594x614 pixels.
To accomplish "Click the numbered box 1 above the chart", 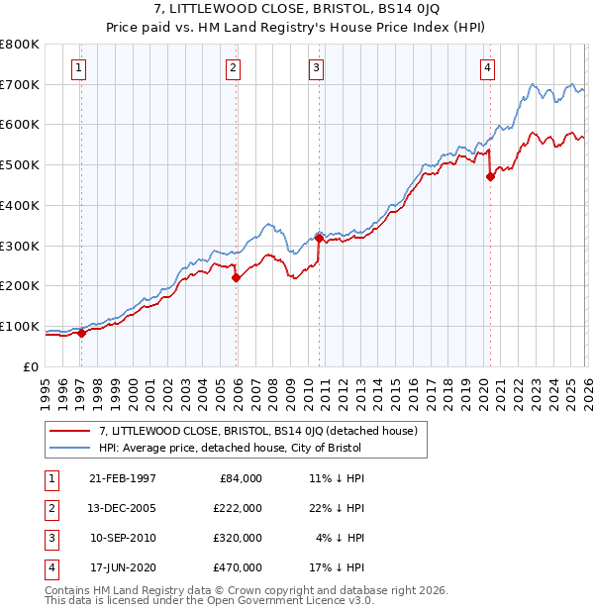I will click(x=78, y=68).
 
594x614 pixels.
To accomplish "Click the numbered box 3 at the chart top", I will click(x=316, y=68).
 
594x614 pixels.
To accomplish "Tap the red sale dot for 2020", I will click(x=490, y=177).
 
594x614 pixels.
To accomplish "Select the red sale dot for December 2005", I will click(x=237, y=277).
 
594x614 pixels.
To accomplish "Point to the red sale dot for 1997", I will click(x=82, y=333).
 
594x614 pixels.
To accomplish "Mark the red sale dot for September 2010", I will click(x=319, y=238).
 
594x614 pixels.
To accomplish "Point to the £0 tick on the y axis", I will click(x=30, y=366).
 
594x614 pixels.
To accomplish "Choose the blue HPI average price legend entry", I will click(x=231, y=448).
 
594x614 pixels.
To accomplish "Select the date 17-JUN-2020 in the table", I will click(x=123, y=567).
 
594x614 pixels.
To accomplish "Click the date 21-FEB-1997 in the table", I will click(x=123, y=478).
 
